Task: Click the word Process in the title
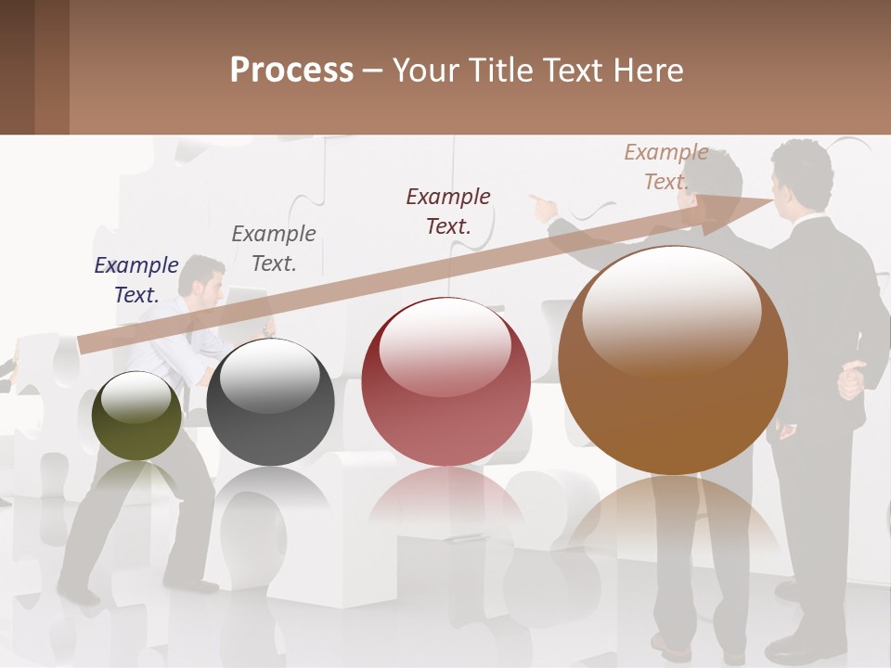tap(291, 70)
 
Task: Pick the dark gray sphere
tap(270, 404)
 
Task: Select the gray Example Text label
tap(274, 249)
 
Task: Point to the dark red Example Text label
tap(448, 211)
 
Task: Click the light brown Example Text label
tap(666, 167)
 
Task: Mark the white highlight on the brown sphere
tap(672, 311)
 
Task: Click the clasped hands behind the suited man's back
tap(851, 380)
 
